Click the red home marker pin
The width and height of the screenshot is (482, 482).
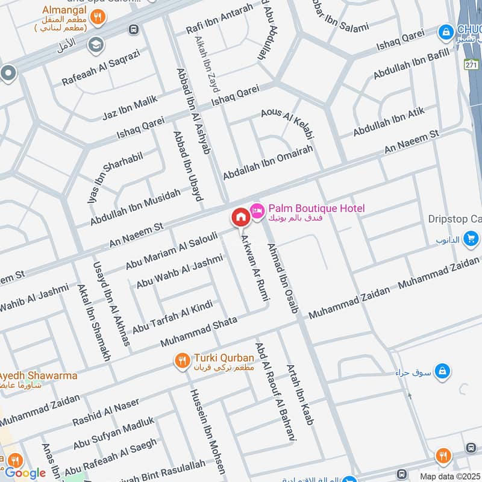240,217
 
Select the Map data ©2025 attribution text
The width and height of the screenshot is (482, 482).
450,476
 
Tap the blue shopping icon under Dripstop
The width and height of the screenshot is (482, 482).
472,236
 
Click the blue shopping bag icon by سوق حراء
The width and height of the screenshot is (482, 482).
443,370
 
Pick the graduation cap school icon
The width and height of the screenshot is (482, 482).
95,44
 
